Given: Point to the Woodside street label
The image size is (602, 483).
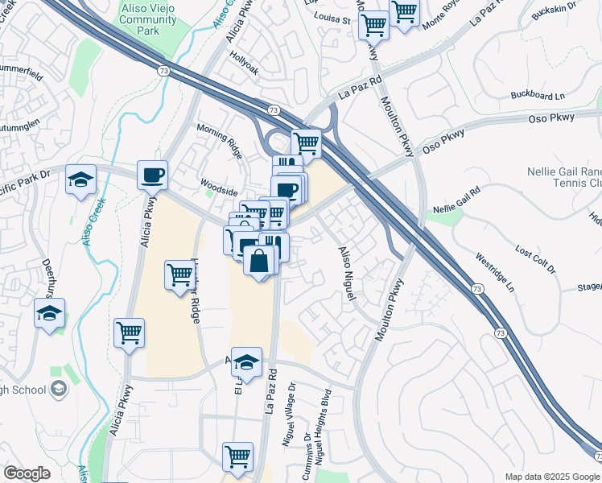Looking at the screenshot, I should click(x=219, y=192).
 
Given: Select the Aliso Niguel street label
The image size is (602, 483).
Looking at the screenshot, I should click(x=346, y=275).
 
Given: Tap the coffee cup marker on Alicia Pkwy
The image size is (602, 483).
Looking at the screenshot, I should click(x=152, y=174).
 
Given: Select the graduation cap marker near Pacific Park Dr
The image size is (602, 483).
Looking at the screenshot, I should click(x=80, y=180).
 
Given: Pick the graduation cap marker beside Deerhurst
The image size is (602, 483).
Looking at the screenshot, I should click(x=49, y=313).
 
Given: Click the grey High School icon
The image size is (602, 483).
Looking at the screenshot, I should click(x=58, y=390).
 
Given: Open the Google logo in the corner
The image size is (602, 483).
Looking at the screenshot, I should click(x=27, y=473).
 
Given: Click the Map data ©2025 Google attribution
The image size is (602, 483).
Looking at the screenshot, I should click(x=552, y=477).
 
